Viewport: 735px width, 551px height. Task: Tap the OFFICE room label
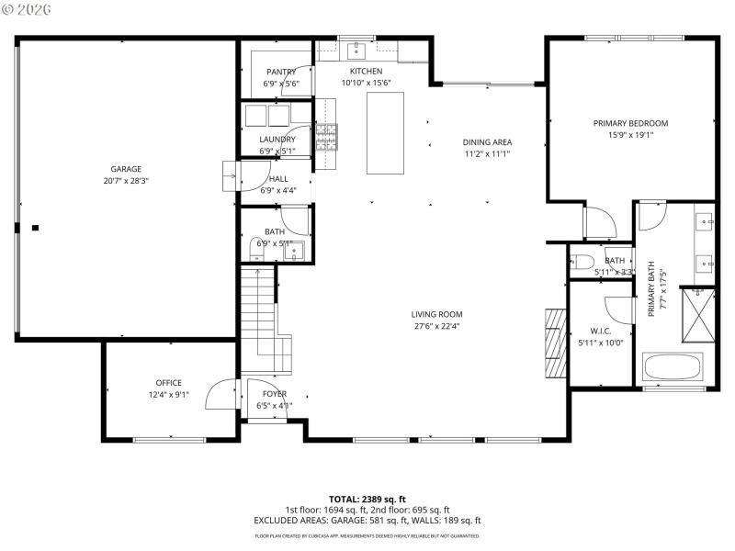click(x=168, y=383)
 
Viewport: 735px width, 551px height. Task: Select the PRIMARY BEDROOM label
click(x=630, y=123)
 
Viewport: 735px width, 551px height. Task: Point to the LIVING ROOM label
click(x=436, y=315)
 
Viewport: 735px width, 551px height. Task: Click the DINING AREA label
click(x=486, y=142)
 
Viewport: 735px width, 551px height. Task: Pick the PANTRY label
click(x=281, y=72)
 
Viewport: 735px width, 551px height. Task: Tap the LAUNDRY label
click(x=277, y=140)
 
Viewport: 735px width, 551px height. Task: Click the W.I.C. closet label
click(x=601, y=331)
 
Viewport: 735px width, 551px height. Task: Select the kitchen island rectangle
click(x=385, y=133)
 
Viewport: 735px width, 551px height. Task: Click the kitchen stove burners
click(x=327, y=138)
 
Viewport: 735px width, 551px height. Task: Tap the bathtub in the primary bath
click(x=673, y=367)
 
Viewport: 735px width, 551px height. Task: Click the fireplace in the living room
click(x=554, y=343)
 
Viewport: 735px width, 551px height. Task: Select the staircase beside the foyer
click(x=258, y=312)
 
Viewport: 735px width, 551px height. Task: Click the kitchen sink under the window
click(x=355, y=49)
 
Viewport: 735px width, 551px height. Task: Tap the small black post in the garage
click(x=35, y=227)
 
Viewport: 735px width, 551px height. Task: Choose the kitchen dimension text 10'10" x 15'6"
click(x=366, y=83)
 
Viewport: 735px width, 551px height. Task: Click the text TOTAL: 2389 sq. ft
click(x=367, y=499)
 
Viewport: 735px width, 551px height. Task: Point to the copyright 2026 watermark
click(x=28, y=9)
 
